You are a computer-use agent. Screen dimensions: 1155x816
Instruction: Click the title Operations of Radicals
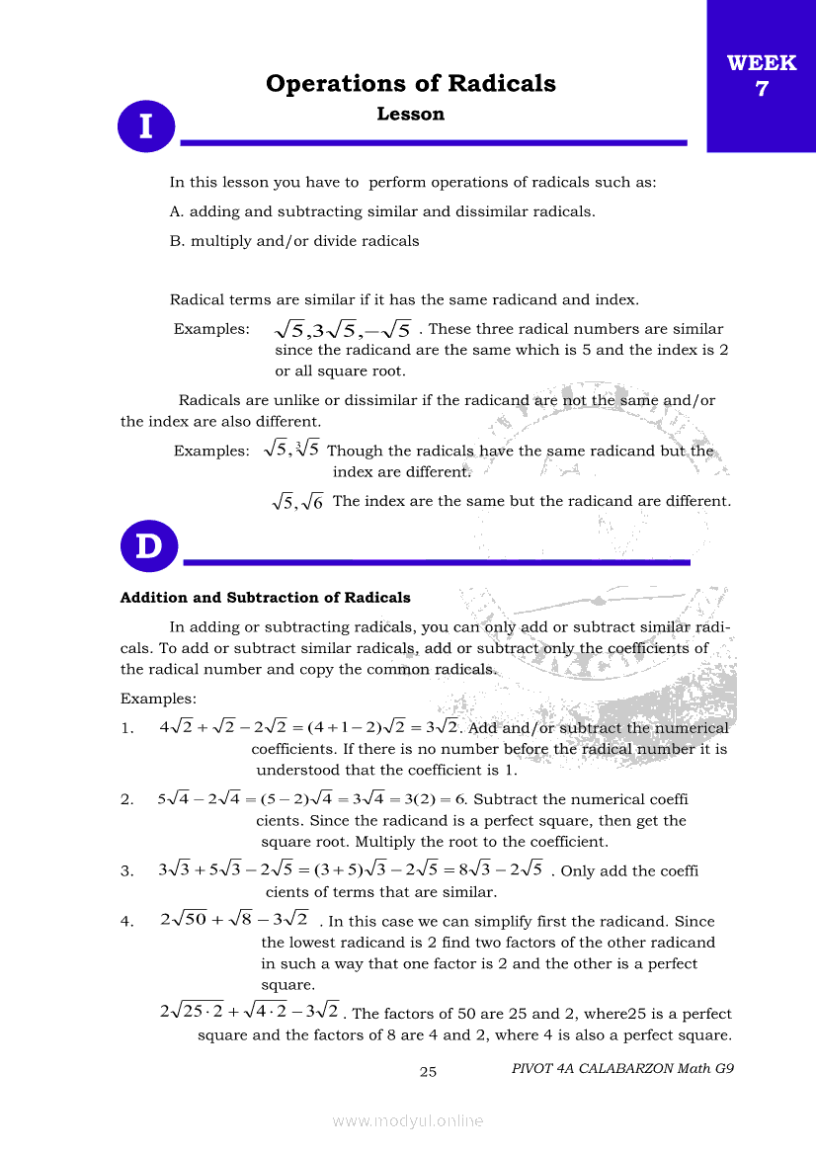[x=410, y=84]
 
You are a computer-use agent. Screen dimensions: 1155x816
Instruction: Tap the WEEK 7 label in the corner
[x=762, y=75]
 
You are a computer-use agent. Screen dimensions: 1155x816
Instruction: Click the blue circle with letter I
[x=146, y=127]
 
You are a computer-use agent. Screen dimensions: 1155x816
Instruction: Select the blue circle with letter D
[x=148, y=547]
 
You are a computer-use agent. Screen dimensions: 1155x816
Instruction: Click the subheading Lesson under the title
[x=411, y=115]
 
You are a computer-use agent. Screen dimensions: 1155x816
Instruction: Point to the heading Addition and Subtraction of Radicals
[x=265, y=598]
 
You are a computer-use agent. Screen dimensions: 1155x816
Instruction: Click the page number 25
[x=428, y=1071]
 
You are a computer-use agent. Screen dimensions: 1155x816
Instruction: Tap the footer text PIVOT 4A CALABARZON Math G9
[x=623, y=1068]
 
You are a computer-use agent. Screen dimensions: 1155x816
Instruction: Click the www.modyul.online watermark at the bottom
[x=408, y=1120]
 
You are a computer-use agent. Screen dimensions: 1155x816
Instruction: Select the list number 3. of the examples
[x=127, y=871]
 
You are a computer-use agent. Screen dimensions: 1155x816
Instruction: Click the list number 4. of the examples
[x=127, y=922]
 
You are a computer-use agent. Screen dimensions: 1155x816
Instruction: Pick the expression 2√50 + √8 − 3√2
[x=234, y=920]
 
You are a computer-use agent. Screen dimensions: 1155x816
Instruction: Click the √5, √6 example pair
[x=298, y=502]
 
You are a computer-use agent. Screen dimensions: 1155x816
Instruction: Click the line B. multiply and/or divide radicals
[x=294, y=241]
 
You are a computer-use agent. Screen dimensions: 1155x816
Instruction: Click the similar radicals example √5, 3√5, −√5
[x=343, y=329]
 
